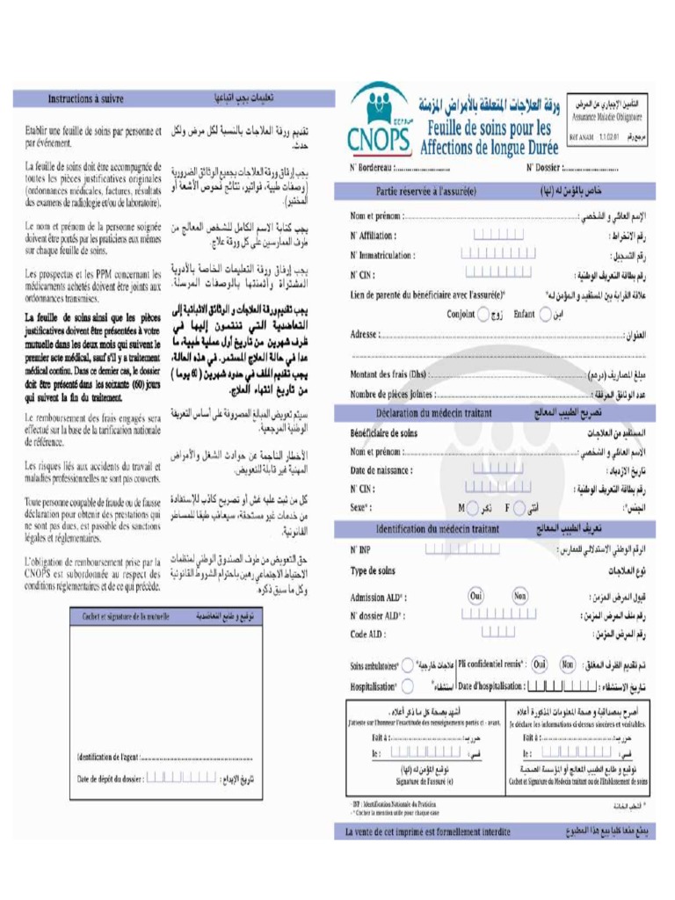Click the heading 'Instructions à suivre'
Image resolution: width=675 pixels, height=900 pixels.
(x=85, y=99)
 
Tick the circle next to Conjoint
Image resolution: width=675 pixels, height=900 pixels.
(x=483, y=314)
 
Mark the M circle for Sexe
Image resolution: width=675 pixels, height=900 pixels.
(x=474, y=508)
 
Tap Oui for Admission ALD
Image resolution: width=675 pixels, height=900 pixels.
(x=476, y=595)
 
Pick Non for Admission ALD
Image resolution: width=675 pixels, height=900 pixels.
(x=520, y=595)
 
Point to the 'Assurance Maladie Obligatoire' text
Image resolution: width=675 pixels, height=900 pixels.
(x=607, y=115)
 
